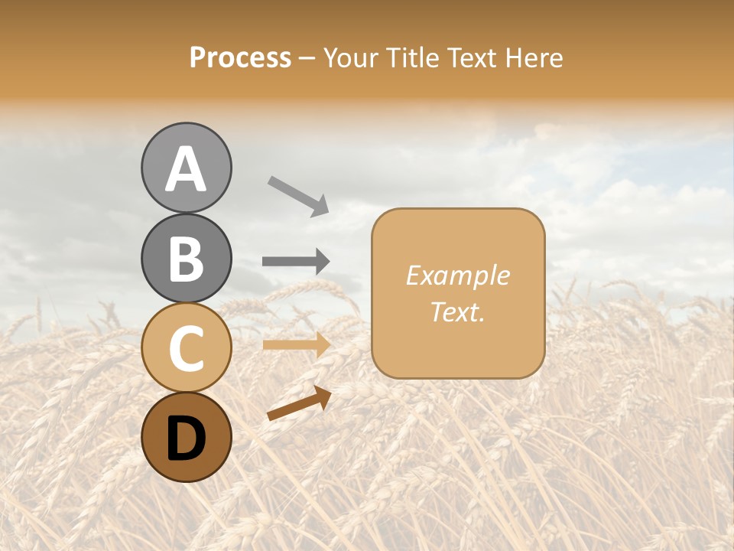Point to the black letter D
tap(186, 439)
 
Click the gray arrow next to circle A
tap(298, 196)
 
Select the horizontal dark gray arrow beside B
tap(296, 262)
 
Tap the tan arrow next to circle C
tap(297, 345)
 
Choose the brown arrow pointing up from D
tap(299, 404)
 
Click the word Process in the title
tap(240, 58)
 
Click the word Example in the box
tap(457, 275)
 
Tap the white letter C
tap(186, 349)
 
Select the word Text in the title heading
tap(472, 58)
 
